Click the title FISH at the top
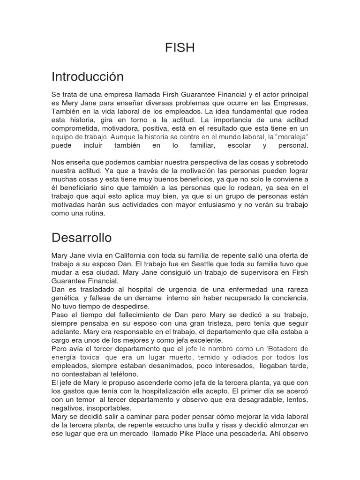pos(180,48)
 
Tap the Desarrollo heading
pos(82,238)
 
